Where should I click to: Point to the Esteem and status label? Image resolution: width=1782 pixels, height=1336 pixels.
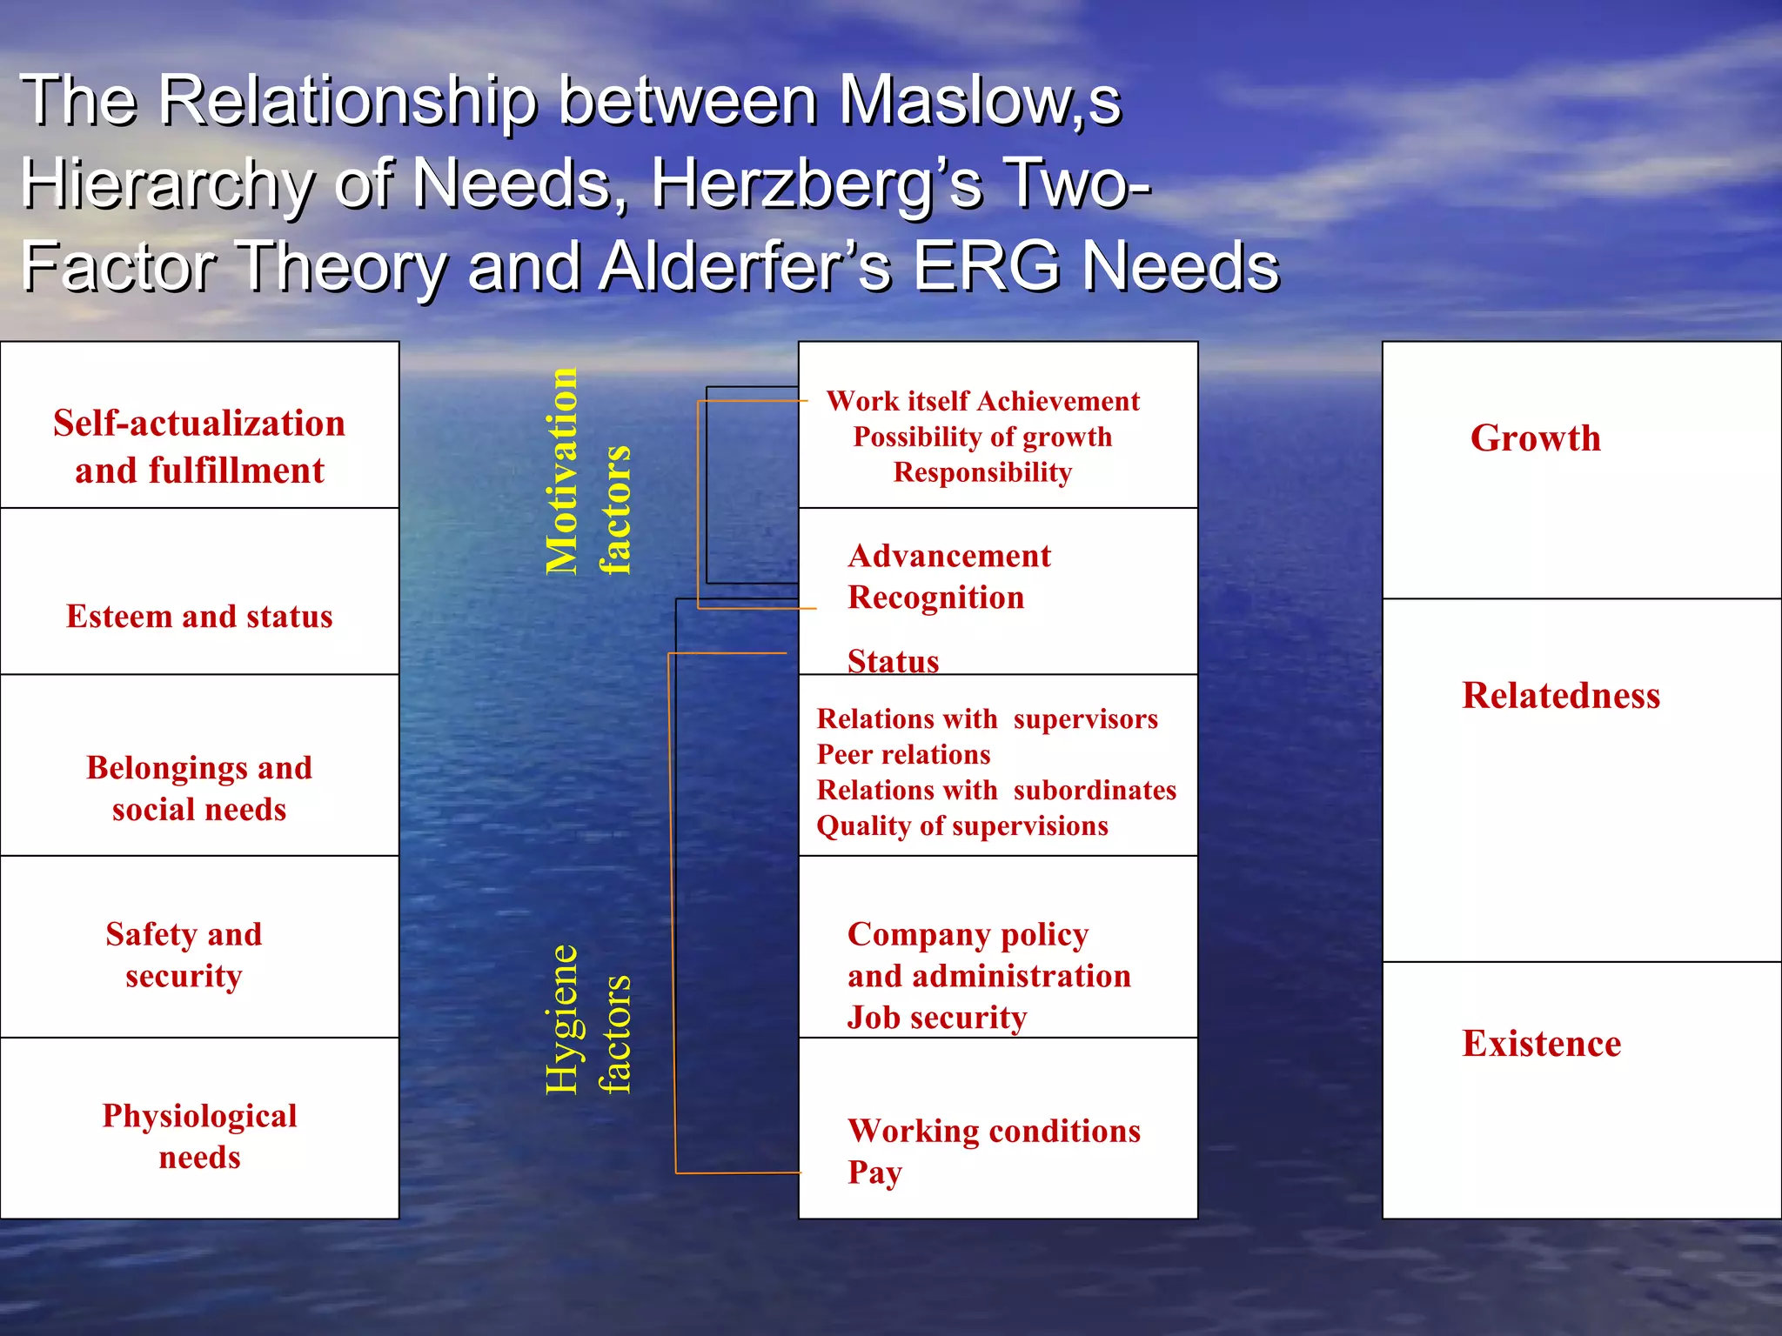click(x=199, y=617)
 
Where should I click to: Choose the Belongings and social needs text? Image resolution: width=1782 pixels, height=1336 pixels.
click(x=199, y=788)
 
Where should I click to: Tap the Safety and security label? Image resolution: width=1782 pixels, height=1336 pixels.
click(x=184, y=954)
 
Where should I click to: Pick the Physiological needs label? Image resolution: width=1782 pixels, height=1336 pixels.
click(x=199, y=1136)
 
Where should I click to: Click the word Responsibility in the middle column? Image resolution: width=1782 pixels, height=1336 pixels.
click(x=982, y=472)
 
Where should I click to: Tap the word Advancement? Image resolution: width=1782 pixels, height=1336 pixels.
click(x=949, y=556)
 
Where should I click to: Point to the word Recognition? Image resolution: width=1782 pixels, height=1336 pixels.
click(x=936, y=598)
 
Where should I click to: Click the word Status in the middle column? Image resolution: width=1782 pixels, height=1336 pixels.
click(x=894, y=661)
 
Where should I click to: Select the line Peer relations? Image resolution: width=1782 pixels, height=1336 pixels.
click(x=903, y=754)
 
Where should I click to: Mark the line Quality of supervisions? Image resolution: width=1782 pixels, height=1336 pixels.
click(x=962, y=825)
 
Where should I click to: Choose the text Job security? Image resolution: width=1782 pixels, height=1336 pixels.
click(x=937, y=1017)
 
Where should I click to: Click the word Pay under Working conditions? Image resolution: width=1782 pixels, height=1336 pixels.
click(x=874, y=1172)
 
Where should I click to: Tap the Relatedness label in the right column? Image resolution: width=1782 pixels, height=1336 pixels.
click(x=1561, y=695)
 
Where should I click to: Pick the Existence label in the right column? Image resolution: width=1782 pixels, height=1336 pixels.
click(x=1541, y=1043)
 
